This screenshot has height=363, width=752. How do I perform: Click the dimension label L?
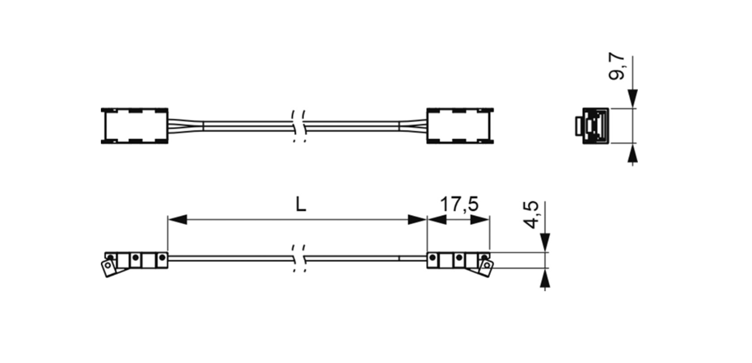pyautogui.click(x=301, y=205)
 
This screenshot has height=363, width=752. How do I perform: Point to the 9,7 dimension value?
pyautogui.click(x=617, y=66)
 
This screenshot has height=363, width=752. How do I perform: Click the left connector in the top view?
pyautogui.click(x=134, y=125)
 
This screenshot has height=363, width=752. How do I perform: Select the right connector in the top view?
pyautogui.click(x=458, y=125)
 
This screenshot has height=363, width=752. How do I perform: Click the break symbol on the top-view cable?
pyautogui.click(x=298, y=125)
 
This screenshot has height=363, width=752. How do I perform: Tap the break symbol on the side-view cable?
pyautogui.click(x=298, y=259)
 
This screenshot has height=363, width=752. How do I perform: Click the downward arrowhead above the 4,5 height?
pyautogui.click(x=546, y=242)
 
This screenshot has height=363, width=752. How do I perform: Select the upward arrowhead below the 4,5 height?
pyautogui.click(x=546, y=279)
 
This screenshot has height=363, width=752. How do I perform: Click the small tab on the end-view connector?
pyautogui.click(x=577, y=127)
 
